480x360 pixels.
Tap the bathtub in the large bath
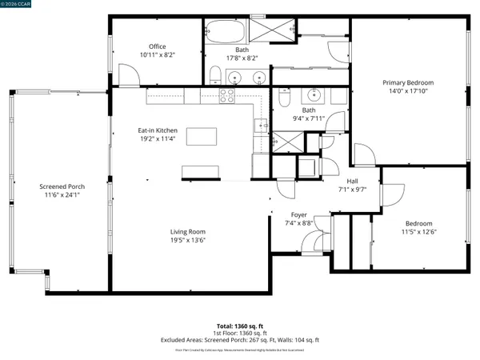tap(223, 34)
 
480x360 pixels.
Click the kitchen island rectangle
tap(202, 136)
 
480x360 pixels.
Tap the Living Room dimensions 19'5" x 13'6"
tap(188, 240)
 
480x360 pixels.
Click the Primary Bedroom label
tap(408, 82)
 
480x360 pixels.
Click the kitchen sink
tap(261, 125)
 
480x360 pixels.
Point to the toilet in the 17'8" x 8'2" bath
tap(214, 77)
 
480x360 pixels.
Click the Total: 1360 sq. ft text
tap(240, 326)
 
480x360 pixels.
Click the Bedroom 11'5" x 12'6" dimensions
tap(419, 232)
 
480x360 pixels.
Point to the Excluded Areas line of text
tap(240, 340)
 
